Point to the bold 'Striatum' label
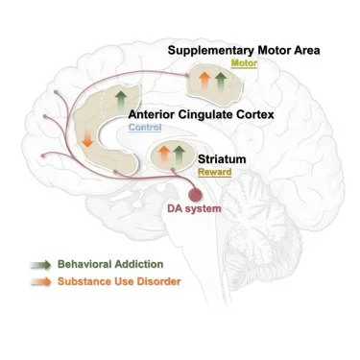click(x=222, y=157)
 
